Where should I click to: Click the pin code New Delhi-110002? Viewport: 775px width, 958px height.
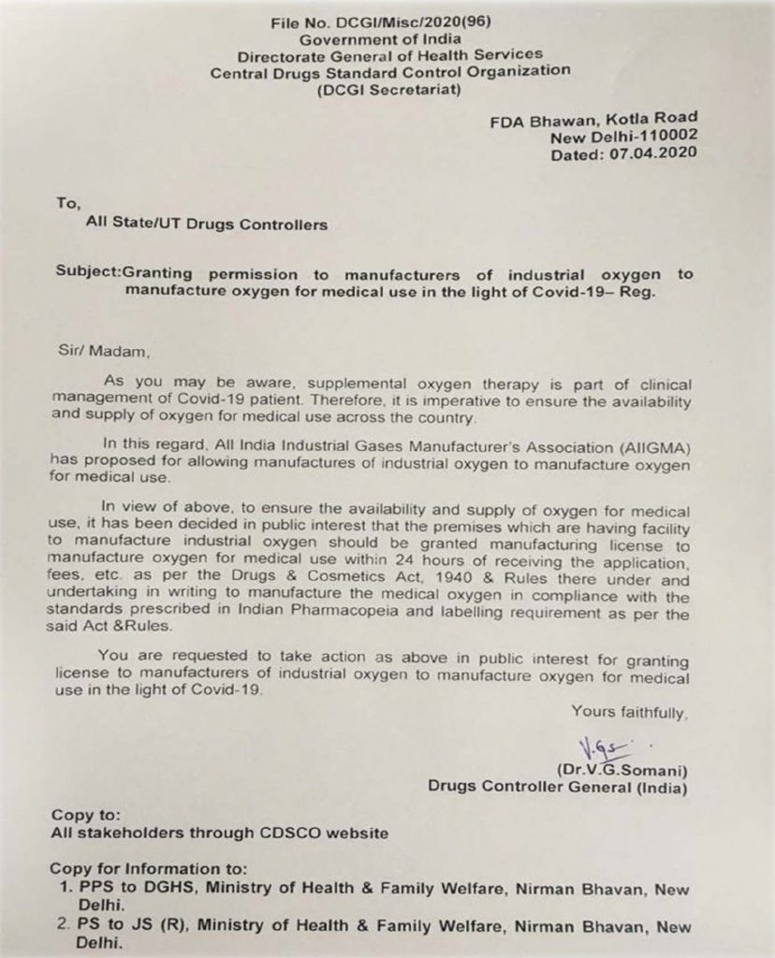[x=624, y=137]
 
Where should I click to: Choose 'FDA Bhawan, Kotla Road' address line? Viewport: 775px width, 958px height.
[x=593, y=119]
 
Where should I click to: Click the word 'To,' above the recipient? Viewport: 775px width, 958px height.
[x=69, y=202]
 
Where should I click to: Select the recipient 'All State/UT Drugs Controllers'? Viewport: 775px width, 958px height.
[x=207, y=225]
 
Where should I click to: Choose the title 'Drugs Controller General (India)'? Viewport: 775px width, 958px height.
[x=558, y=788]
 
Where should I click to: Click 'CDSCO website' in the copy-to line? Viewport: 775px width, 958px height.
[x=325, y=833]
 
